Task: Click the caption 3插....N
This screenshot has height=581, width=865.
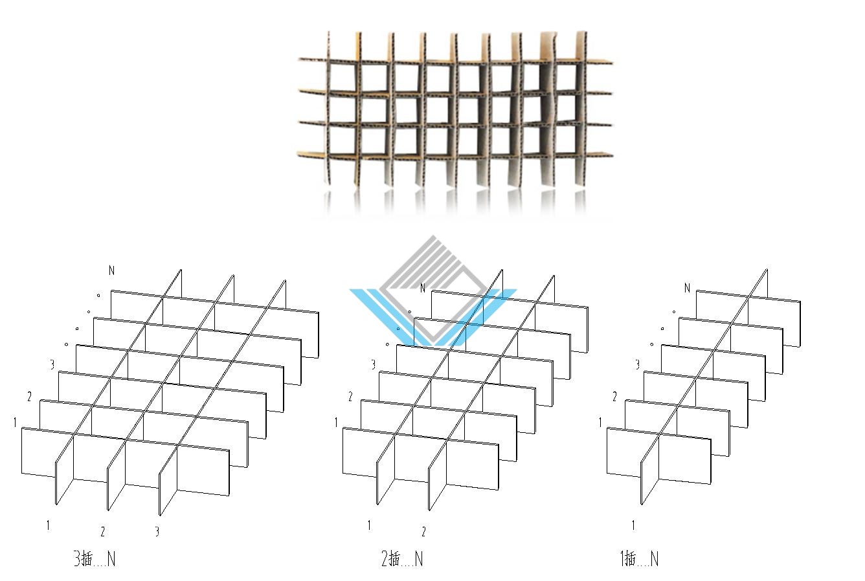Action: [95, 558]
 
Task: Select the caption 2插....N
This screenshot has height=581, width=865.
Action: [402, 558]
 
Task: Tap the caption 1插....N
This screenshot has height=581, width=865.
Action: [640, 558]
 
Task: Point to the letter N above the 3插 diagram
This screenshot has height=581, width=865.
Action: [111, 270]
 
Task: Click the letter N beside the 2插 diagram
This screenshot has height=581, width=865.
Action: [422, 288]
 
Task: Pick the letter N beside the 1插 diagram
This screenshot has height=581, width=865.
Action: [687, 288]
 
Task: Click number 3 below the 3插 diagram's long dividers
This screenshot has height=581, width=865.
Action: [157, 532]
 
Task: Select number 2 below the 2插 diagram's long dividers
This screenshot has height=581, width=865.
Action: [423, 532]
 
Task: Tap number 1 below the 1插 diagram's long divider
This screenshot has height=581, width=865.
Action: [633, 525]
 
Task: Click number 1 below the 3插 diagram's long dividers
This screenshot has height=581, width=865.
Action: [48, 525]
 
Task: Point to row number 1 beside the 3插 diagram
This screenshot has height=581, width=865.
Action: [15, 422]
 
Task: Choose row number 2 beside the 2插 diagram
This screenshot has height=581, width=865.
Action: [350, 396]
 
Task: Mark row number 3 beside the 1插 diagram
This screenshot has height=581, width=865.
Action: [638, 364]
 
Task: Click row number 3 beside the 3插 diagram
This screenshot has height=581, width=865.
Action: [52, 364]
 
